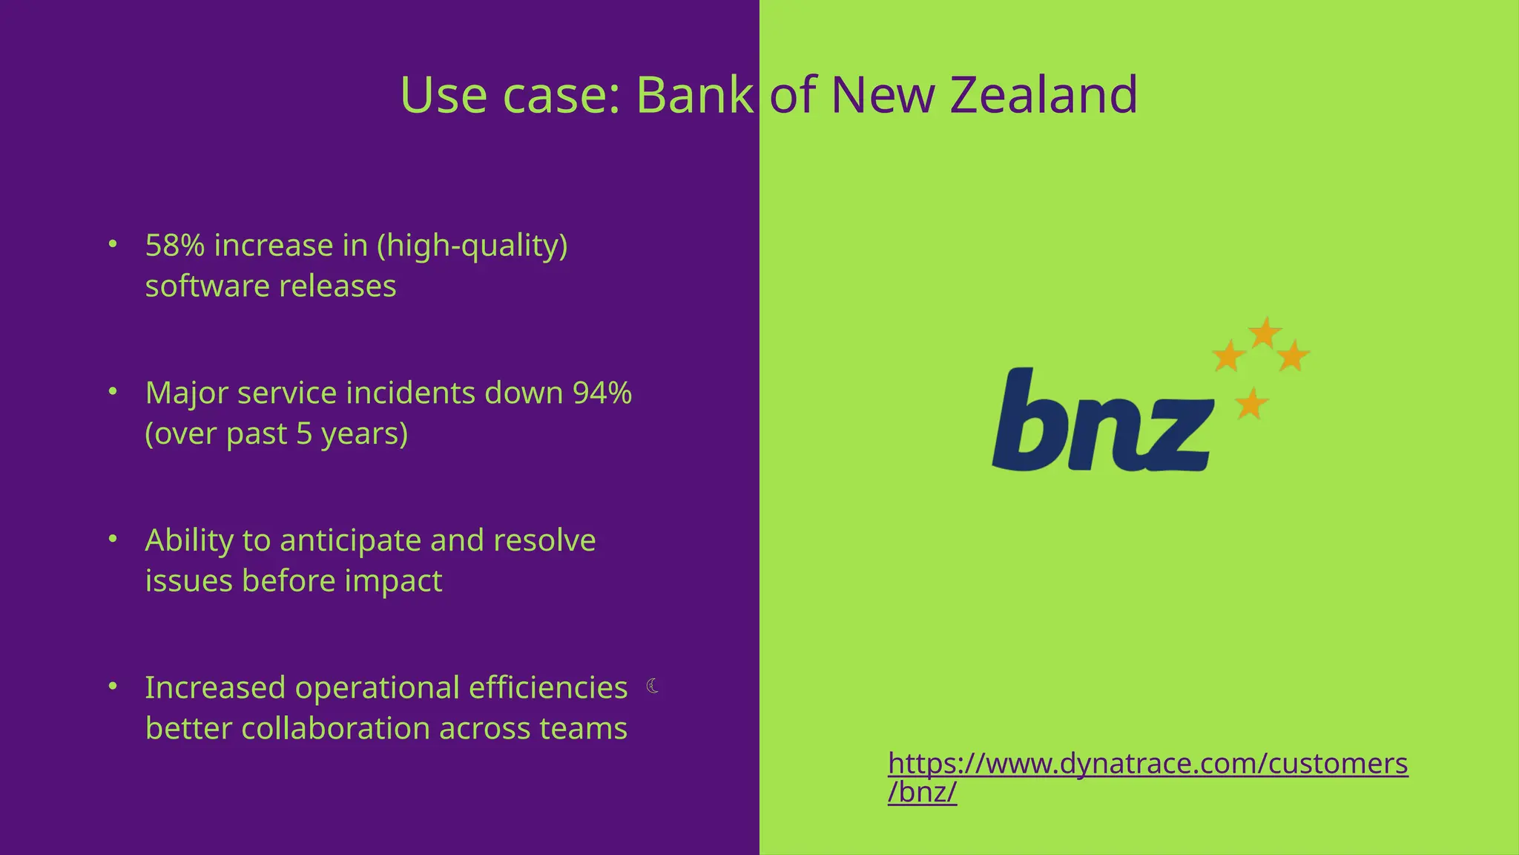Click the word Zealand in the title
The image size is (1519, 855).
[x=1044, y=95]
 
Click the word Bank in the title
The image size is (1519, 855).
[x=695, y=95]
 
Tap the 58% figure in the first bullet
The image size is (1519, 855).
[x=175, y=246]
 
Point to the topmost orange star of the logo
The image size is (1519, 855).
[x=1265, y=332]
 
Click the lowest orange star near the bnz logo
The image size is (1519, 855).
[x=1251, y=404]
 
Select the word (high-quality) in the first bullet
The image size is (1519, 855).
[x=472, y=246]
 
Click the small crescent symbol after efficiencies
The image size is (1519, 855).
[x=653, y=686]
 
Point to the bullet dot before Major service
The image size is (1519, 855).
[x=113, y=391]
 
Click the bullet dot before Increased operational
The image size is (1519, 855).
[x=113, y=686]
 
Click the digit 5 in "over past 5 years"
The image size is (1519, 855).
[x=304, y=433]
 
